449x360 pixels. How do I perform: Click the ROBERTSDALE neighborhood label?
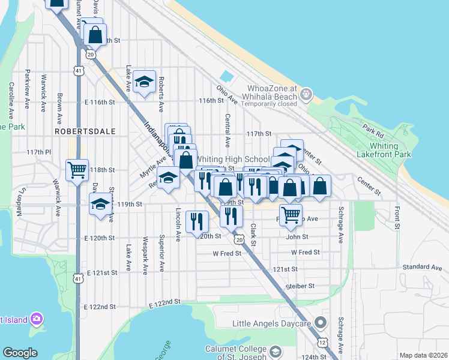click(76, 130)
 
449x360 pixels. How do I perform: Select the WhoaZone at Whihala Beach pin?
click(306, 94)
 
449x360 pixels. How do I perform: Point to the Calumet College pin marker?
click(276, 351)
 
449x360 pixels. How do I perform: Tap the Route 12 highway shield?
click(323, 342)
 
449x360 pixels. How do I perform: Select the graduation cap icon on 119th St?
click(100, 204)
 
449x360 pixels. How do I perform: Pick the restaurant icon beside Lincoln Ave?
click(197, 221)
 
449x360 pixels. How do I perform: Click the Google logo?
click(20, 353)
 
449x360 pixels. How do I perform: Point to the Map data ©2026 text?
click(423, 355)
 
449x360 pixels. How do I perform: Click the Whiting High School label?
click(234, 159)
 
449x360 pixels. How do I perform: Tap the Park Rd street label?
click(373, 129)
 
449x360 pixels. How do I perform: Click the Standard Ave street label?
click(423, 266)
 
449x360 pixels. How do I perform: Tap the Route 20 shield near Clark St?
click(240, 240)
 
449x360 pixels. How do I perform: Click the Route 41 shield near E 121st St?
click(78, 278)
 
